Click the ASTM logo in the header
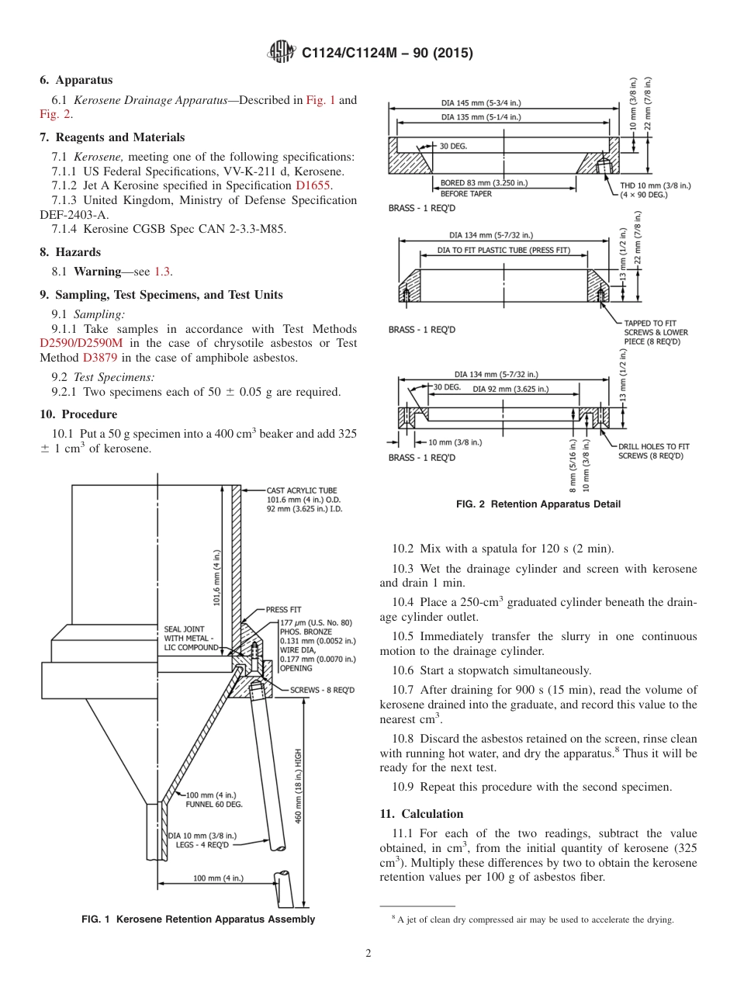point(281,52)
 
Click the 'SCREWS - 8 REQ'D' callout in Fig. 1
point(322,690)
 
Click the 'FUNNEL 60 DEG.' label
point(214,805)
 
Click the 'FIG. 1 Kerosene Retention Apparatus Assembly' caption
point(199,919)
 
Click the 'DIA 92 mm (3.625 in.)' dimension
point(510,389)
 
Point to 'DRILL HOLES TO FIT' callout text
point(654,446)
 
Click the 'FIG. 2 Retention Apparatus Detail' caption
point(538,504)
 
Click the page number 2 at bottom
point(368,954)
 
